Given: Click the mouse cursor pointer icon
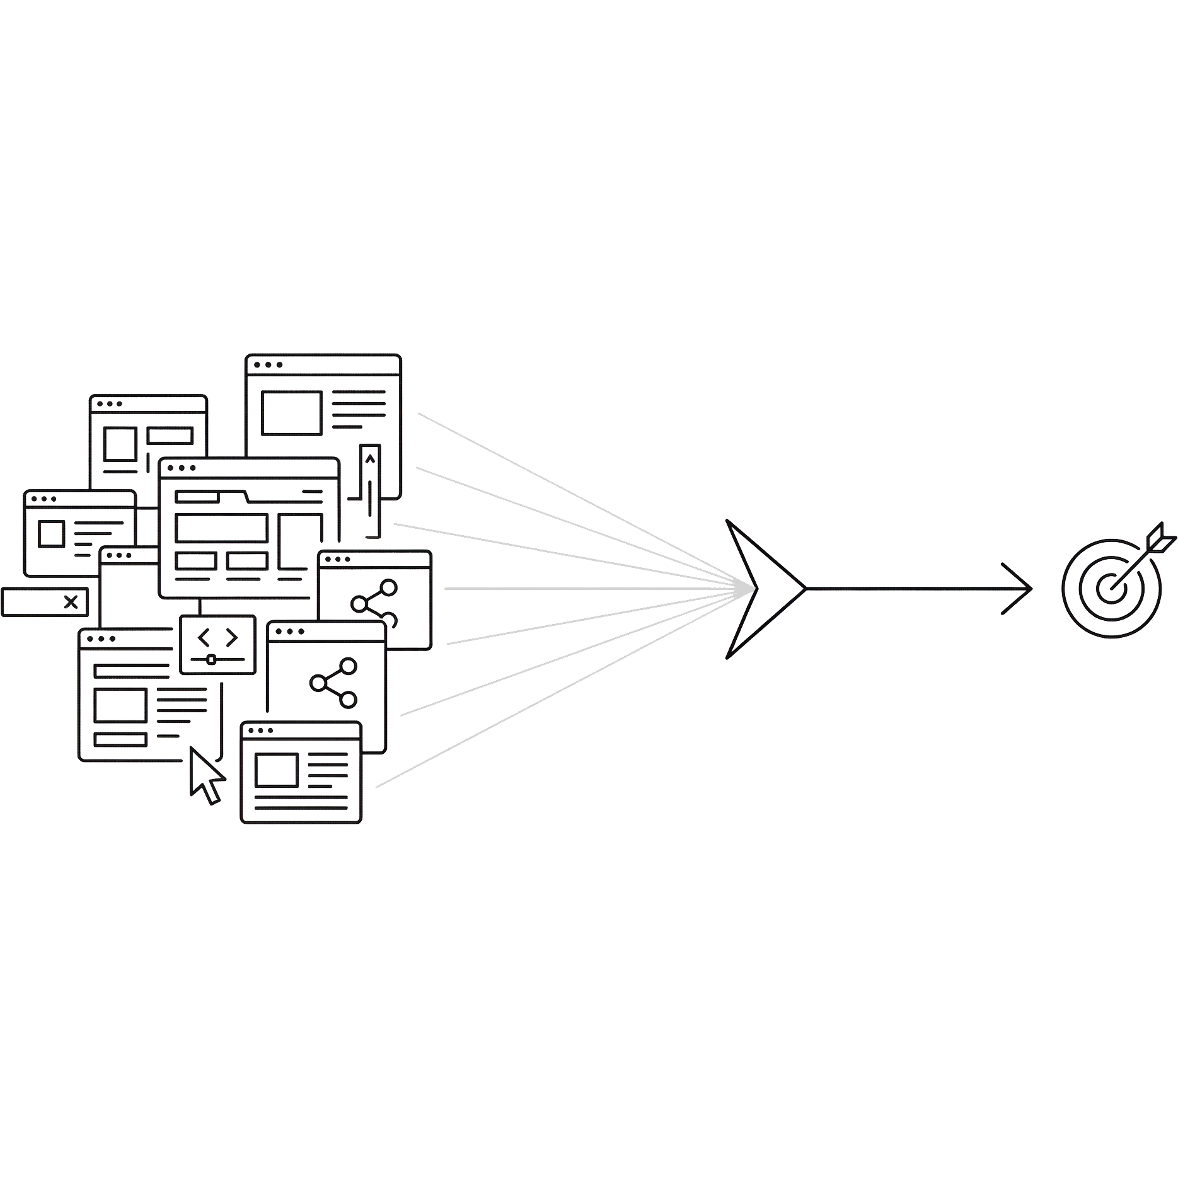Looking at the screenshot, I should [x=205, y=775].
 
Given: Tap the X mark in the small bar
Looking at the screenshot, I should [x=71, y=602].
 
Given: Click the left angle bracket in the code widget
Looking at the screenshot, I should [x=204, y=638].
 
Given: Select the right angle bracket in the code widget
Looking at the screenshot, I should [x=232, y=638].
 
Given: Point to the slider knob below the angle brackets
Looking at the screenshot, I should [x=211, y=660].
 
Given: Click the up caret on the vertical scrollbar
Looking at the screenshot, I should [x=370, y=459].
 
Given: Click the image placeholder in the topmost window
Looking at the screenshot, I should [x=292, y=413].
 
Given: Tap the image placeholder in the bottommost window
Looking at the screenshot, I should [x=276, y=770].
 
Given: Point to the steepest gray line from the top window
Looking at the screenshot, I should [x=567, y=491].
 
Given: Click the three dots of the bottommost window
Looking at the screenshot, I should [x=260, y=731].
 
